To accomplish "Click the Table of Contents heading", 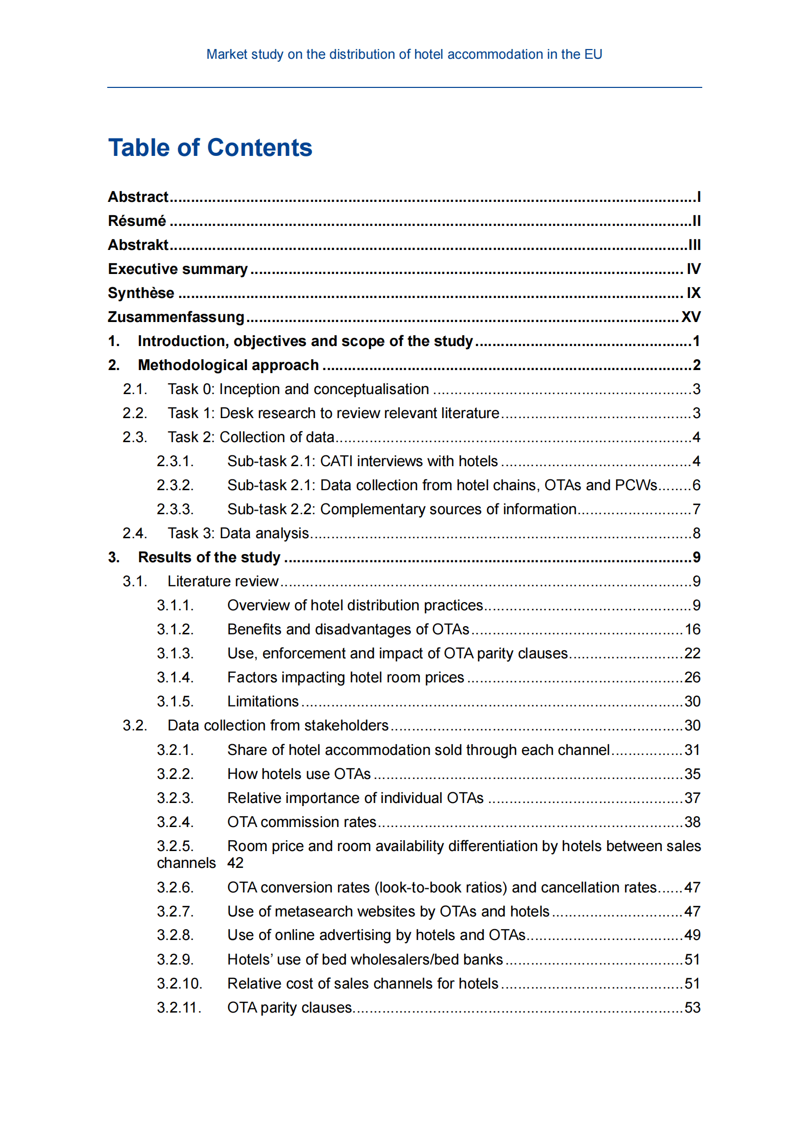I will [210, 148].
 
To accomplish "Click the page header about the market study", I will [404, 54].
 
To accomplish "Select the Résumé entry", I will [137, 221].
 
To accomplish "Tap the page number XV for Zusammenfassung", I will [690, 317].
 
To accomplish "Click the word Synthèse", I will [141, 293].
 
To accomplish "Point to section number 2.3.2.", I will [175, 485].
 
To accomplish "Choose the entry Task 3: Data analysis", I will [239, 533].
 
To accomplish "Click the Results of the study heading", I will [209, 557].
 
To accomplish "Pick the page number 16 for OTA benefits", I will [692, 629].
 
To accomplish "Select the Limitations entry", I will [263, 701].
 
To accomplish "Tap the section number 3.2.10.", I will [179, 983].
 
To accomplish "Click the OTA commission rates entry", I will [301, 822].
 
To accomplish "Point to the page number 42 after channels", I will [235, 863].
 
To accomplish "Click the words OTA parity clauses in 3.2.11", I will [290, 1007].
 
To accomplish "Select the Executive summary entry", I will [178, 269].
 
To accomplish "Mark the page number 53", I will [692, 1007].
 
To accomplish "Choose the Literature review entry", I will [223, 581].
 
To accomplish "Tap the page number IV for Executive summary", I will [693, 269].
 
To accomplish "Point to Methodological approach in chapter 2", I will [228, 365].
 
